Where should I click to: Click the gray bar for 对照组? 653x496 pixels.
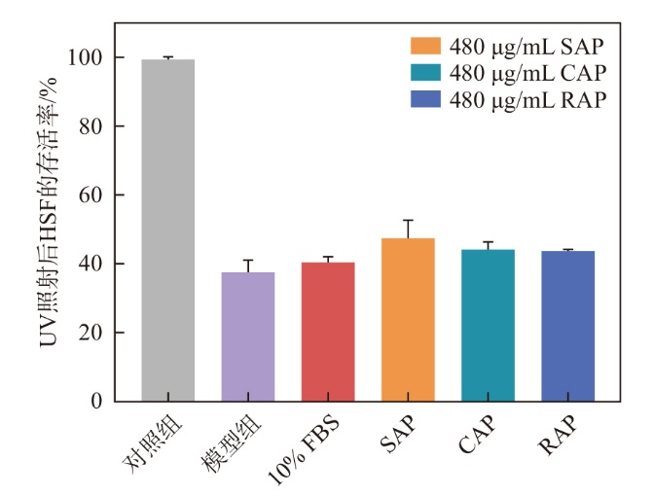click(168, 230)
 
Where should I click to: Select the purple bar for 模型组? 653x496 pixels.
click(248, 337)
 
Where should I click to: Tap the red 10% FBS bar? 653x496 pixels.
click(328, 332)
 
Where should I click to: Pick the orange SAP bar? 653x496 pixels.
click(408, 320)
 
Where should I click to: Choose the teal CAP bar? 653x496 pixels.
click(488, 326)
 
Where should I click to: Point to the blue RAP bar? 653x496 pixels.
click(567, 327)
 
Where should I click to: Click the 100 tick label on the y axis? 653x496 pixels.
click(87, 58)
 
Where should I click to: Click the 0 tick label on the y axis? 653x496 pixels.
click(96, 402)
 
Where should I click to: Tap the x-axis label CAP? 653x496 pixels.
click(474, 437)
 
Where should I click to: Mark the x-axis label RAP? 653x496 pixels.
click(554, 437)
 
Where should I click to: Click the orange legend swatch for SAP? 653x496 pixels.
click(426, 46)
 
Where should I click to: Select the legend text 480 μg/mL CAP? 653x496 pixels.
click(526, 73)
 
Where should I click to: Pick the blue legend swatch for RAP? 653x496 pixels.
click(426, 99)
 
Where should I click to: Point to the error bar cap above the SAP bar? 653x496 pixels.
click(408, 221)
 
